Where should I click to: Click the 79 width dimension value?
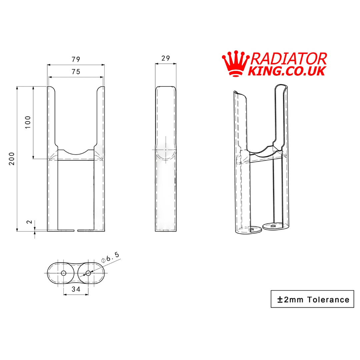tap(76, 59)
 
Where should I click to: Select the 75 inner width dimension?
tap(76, 72)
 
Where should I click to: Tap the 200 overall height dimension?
tap(12, 159)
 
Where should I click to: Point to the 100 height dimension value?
tap(28, 122)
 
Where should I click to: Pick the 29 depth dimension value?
tap(166, 58)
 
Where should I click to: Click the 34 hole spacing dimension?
tap(76, 289)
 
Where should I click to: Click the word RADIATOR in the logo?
tap(288, 59)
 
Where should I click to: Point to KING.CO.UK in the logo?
tap(287, 71)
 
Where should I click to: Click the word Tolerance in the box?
tap(328, 299)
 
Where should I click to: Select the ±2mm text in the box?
tap(290, 299)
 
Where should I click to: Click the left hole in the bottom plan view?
tap(64, 273)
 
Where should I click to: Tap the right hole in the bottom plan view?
tap(88, 273)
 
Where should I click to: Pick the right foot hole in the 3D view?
tap(273, 226)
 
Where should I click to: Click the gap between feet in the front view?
tap(76, 230)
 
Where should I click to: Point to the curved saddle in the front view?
tap(76, 152)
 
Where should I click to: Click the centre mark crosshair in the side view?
tap(166, 150)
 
